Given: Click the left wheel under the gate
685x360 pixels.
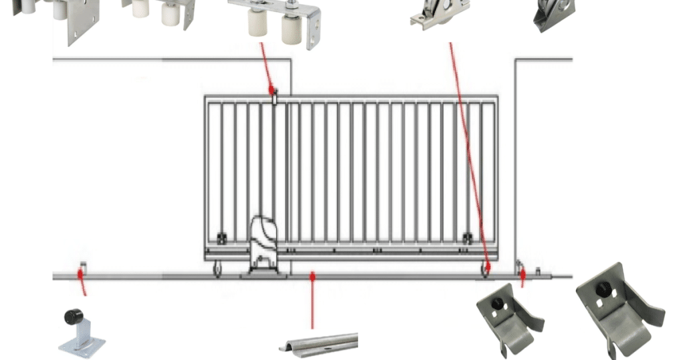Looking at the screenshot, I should click(217, 269).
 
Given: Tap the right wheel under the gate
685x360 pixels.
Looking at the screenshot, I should click(485, 269).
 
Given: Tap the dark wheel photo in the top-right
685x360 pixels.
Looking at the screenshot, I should click(554, 13).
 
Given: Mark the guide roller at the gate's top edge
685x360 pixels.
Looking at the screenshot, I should click(274, 98).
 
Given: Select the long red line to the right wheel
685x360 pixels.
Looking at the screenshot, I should click(468, 154).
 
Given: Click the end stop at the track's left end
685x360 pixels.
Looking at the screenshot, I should click(83, 268).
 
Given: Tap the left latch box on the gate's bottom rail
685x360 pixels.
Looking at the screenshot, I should click(221, 238).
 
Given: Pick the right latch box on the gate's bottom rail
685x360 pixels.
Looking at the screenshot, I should click(467, 238).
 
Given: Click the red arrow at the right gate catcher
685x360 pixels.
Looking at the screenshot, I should click(522, 277).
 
